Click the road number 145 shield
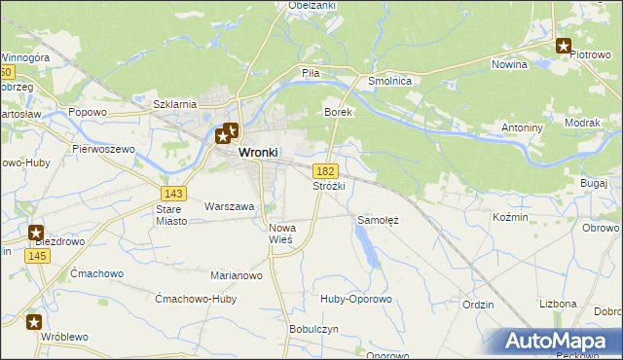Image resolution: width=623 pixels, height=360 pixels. [x=38, y=255]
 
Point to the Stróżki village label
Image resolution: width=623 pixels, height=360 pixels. [x=328, y=185]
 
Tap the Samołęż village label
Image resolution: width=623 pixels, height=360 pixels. [x=379, y=220]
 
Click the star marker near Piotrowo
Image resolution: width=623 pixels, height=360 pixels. [x=564, y=45]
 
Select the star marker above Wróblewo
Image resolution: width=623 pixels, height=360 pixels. [x=34, y=322]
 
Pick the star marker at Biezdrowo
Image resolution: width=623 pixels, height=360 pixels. [x=36, y=234]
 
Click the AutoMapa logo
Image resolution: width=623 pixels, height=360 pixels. [x=558, y=342]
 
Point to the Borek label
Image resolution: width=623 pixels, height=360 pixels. [x=337, y=113]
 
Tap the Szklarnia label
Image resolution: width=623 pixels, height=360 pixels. [x=176, y=103]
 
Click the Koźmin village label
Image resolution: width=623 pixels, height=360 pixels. [x=510, y=217]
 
